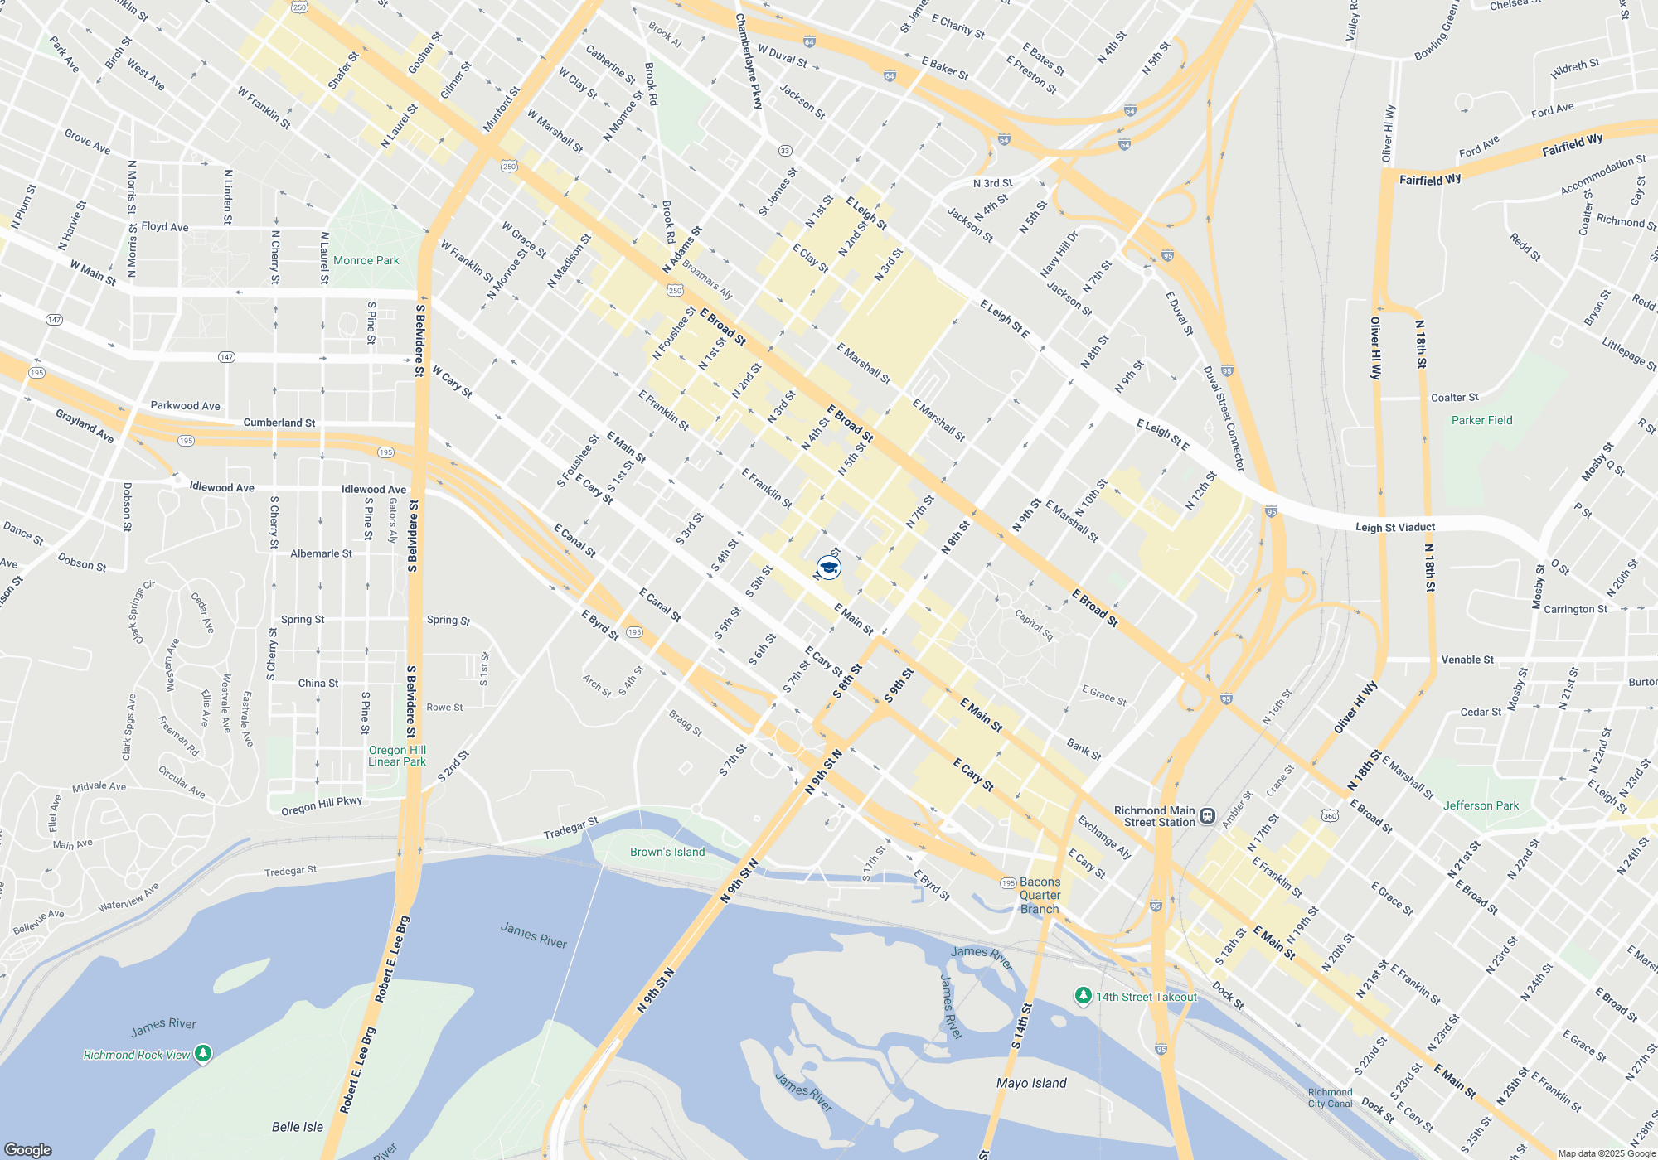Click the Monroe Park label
tap(366, 260)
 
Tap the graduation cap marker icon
tap(828, 568)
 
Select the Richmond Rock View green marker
tap(203, 1054)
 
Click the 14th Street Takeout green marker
tap(1083, 995)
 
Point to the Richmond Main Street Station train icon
tap(1208, 816)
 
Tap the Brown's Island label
tap(667, 852)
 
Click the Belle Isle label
tap(298, 1127)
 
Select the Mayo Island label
tap(1031, 1083)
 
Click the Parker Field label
tap(1481, 420)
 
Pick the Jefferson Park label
tap(1481, 805)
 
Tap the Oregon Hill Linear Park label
tap(397, 756)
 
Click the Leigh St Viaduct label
tap(1395, 527)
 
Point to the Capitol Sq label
tap(1034, 625)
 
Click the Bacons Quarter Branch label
tap(1040, 895)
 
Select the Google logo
tap(28, 1149)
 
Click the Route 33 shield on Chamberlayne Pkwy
tap(784, 151)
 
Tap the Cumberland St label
tap(279, 423)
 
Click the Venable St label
tap(1467, 660)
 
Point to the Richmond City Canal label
tap(1330, 1098)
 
